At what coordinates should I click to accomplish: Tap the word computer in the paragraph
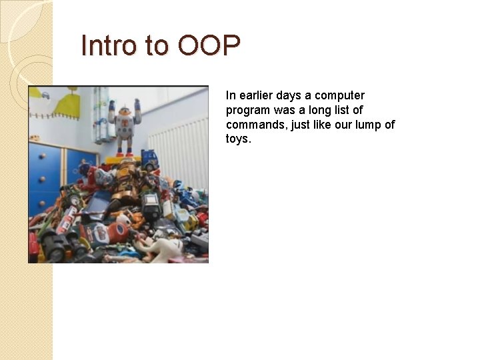tap(339, 95)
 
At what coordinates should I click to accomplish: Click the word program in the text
tap(248, 110)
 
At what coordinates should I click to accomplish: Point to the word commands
tap(254, 125)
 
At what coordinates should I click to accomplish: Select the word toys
tap(239, 139)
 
